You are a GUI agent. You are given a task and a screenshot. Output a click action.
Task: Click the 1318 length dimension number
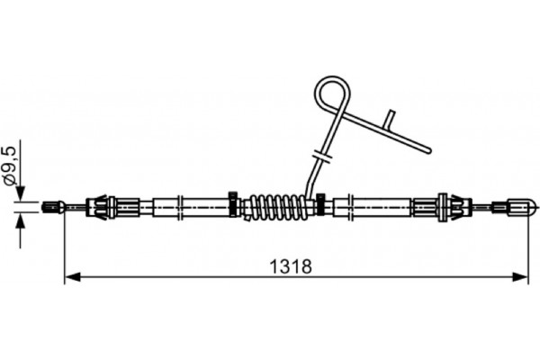(x=291, y=266)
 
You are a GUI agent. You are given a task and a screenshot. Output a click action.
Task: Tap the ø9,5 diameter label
(x=10, y=166)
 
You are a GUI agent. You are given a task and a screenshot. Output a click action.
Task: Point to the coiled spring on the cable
(x=277, y=207)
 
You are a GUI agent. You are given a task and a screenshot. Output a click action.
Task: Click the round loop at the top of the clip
(x=333, y=93)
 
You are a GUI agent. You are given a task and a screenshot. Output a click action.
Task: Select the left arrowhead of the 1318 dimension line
(x=72, y=276)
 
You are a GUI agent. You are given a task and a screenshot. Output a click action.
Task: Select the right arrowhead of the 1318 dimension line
(x=520, y=276)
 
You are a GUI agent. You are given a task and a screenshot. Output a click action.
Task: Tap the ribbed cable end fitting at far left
(x=53, y=207)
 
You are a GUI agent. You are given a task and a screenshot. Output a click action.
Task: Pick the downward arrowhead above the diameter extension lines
(x=21, y=193)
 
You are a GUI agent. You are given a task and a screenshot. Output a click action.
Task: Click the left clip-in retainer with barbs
(x=101, y=207)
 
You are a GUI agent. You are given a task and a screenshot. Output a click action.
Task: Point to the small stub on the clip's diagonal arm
(x=391, y=119)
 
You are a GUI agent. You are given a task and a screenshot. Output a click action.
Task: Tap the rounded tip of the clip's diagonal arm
(x=428, y=150)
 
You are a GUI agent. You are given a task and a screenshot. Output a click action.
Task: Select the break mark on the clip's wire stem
(x=321, y=156)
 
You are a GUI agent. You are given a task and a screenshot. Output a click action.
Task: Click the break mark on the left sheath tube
(x=179, y=207)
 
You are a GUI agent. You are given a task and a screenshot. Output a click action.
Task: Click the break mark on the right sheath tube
(x=350, y=207)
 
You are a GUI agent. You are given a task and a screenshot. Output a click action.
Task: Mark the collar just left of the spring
(x=233, y=204)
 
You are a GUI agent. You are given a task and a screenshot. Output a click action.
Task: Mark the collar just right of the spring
(x=320, y=204)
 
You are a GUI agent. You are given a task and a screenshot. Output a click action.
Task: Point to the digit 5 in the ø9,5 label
(x=10, y=151)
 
